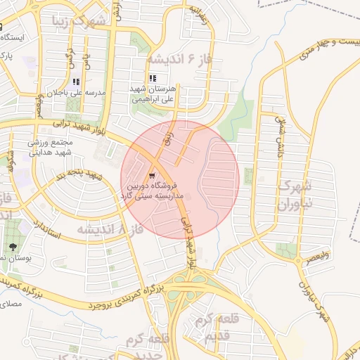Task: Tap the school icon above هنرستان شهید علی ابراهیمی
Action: tap(153, 78)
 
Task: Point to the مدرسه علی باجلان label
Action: tap(75, 93)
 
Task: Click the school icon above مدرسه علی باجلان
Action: tap(75, 79)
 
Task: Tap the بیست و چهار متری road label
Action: tap(328, 51)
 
